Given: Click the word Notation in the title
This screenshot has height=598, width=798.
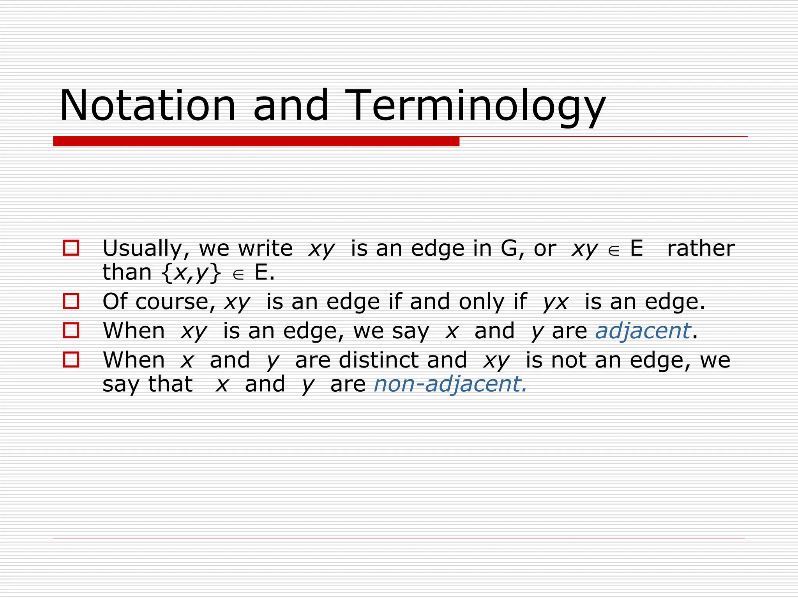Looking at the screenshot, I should click(148, 106).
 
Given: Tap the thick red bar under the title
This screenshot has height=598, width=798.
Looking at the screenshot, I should click(256, 141).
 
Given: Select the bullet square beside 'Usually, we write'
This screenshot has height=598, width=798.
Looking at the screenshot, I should click(71, 248).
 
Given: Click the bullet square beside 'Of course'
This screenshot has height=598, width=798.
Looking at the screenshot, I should click(71, 301).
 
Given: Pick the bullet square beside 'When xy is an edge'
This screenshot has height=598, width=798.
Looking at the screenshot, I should click(71, 330).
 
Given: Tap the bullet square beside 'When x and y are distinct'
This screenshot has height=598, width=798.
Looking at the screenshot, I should click(71, 360).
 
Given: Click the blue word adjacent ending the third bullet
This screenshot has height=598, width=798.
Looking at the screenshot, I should click(643, 331).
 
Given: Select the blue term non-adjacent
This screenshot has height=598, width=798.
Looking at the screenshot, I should click(450, 384).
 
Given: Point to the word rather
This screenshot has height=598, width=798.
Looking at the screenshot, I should click(701, 248).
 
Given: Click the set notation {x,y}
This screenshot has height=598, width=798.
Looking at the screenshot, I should click(191, 272).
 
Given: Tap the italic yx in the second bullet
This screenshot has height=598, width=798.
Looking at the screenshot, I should click(556, 302).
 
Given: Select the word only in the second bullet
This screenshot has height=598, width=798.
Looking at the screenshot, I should click(481, 302).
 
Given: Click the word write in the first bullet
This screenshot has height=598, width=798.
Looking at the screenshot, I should click(265, 248).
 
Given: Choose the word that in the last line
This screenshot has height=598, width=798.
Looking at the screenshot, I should click(170, 384).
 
